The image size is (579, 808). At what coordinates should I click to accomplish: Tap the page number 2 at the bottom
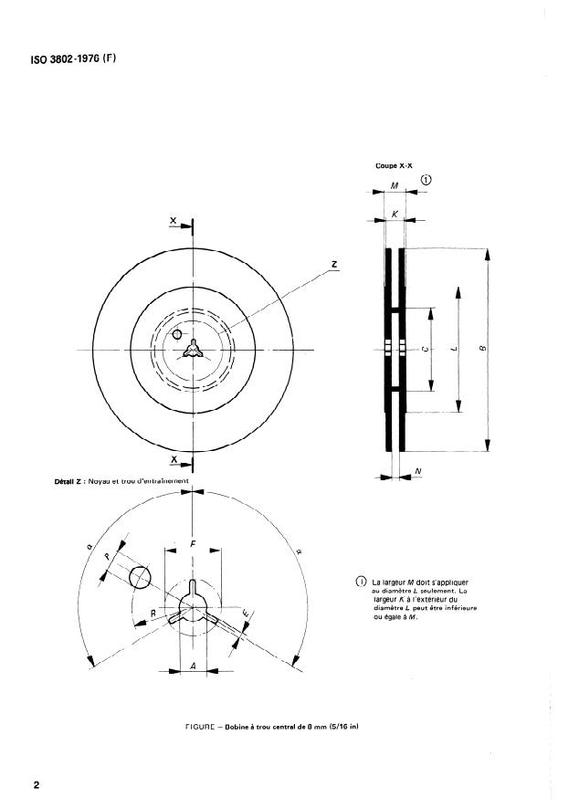tap(36, 784)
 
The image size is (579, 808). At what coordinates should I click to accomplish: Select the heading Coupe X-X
tap(394, 165)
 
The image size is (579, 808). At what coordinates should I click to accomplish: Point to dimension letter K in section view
tap(394, 212)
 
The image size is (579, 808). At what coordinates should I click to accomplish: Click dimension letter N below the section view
tap(417, 471)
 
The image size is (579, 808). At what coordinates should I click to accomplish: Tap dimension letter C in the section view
tap(425, 350)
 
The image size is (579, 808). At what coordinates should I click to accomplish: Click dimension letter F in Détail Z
tap(192, 544)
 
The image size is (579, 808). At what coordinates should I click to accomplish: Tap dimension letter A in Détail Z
tap(192, 666)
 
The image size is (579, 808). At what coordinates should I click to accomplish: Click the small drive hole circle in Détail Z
tap(139, 577)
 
